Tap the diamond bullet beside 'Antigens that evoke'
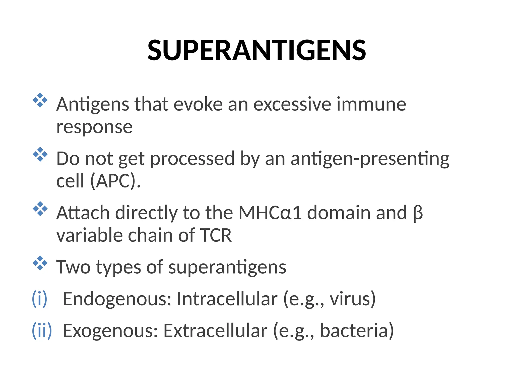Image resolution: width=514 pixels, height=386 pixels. click(x=40, y=100)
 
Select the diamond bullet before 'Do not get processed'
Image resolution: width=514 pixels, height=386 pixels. click(x=40, y=155)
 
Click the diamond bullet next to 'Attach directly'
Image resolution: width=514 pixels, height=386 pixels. click(x=40, y=209)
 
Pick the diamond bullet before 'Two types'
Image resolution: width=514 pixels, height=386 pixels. click(x=40, y=263)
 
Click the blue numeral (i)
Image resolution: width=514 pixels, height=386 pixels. click(x=40, y=299)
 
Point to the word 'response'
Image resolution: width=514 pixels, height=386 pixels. click(x=94, y=127)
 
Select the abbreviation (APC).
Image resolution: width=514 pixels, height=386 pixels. click(x=115, y=181)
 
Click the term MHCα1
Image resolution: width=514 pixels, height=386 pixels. click(x=270, y=213)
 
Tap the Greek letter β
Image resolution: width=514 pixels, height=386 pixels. click(x=418, y=213)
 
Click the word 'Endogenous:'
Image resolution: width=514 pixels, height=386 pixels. click(x=117, y=299)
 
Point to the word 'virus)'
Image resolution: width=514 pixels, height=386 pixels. click(x=353, y=299)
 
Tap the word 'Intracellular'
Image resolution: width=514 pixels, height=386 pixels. click(x=227, y=299)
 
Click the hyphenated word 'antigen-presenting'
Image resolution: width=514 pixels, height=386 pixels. click(x=370, y=159)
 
